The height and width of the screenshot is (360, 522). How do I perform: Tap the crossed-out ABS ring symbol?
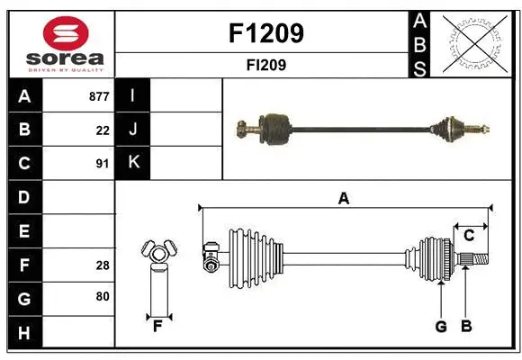(478, 43)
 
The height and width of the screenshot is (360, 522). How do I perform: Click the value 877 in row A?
(99, 96)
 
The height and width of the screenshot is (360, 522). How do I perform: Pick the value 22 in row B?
(103, 130)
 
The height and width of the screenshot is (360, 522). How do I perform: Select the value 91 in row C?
(103, 163)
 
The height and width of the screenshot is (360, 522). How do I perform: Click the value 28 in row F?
(103, 265)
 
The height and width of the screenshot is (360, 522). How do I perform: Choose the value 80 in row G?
(103, 295)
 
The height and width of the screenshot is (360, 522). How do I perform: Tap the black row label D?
(23, 196)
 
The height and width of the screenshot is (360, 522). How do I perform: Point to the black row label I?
(133, 96)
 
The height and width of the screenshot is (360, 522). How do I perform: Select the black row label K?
(133, 163)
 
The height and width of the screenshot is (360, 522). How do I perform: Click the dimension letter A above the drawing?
(343, 199)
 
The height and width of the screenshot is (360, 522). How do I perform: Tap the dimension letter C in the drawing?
(470, 236)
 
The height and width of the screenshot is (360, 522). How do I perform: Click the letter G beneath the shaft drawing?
(441, 327)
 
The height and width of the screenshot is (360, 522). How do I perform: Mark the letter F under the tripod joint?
(158, 327)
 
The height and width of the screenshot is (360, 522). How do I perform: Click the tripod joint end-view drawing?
(158, 256)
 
